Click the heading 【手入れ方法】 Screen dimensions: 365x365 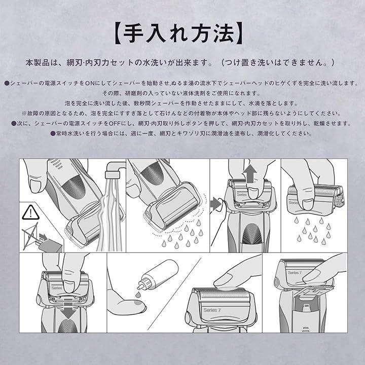click(x=179, y=33)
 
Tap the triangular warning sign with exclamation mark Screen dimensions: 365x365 click(x=30, y=212)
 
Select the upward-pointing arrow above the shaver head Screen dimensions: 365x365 click(x=249, y=173)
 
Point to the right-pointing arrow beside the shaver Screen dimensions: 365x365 click(x=215, y=204)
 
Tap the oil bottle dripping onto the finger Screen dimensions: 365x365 click(x=158, y=275)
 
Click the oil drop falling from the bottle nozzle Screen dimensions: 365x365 click(x=138, y=295)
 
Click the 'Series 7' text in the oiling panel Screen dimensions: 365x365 click(x=212, y=310)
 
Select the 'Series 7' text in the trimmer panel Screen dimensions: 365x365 click(x=295, y=273)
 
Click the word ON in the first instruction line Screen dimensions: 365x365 click(x=90, y=83)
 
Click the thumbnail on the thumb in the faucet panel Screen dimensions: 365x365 click(x=35, y=186)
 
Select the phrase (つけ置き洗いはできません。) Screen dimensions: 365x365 click(x=277, y=63)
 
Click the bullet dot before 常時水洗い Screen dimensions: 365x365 click(x=53, y=134)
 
